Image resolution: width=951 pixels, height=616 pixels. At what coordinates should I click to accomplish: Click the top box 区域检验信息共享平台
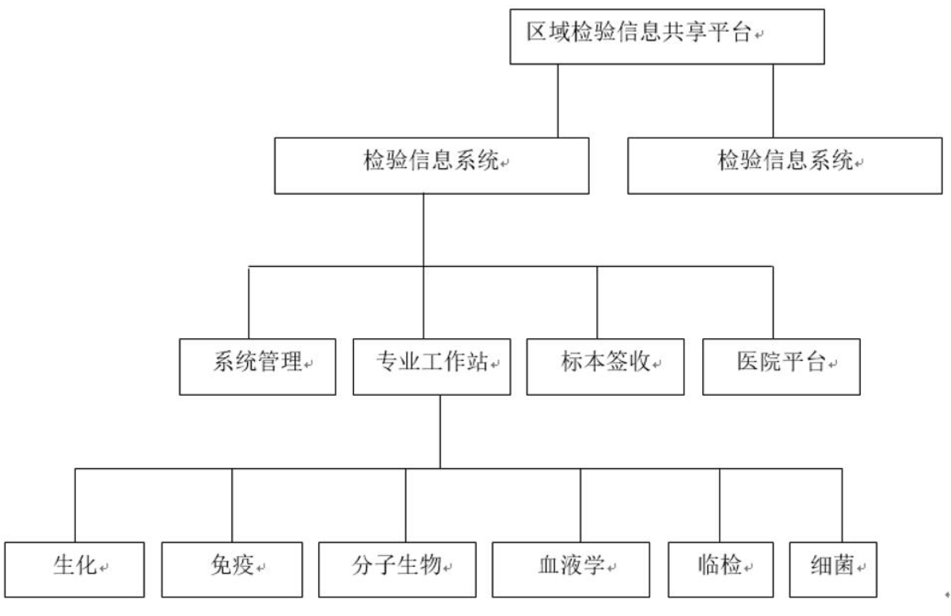[667, 37]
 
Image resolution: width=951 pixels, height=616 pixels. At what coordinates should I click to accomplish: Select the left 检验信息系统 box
[432, 166]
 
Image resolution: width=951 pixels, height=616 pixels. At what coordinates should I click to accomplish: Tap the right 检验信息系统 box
[785, 166]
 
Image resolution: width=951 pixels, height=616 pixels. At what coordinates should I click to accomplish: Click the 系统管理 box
[257, 367]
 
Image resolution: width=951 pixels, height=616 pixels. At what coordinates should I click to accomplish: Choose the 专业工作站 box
[432, 367]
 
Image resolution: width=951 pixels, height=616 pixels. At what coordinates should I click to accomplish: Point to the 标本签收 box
[606, 367]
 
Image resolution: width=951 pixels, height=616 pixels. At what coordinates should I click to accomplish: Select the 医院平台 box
[782, 367]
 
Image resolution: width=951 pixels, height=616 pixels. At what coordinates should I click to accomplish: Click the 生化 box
[74, 570]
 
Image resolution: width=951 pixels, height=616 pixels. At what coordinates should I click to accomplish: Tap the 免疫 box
[232, 570]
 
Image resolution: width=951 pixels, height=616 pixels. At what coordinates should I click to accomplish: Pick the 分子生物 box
[398, 570]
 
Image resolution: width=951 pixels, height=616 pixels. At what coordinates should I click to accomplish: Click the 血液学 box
[571, 570]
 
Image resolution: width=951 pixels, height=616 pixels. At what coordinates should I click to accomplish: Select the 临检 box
[721, 570]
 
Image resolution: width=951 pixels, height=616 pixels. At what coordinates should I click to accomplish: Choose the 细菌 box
[833, 570]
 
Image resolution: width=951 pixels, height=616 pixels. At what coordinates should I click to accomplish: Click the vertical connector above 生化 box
[75, 506]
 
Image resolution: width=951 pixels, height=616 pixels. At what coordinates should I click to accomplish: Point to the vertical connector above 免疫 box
[232, 506]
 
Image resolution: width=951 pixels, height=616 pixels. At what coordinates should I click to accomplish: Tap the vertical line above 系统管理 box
[249, 302]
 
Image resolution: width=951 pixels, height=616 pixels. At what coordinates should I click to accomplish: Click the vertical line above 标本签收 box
[597, 302]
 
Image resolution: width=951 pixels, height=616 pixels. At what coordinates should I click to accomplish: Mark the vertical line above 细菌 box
[843, 506]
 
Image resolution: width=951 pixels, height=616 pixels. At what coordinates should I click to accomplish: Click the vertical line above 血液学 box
[580, 506]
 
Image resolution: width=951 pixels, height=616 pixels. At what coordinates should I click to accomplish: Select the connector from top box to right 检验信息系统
[773, 101]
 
